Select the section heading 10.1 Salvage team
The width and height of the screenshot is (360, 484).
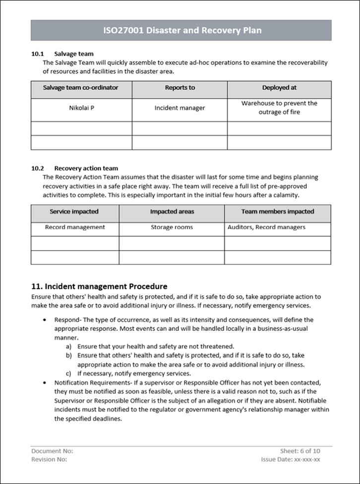click(62, 54)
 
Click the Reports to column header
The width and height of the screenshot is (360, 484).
click(180, 88)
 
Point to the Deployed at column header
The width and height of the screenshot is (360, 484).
click(279, 88)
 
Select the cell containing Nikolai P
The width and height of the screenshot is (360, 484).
click(81, 108)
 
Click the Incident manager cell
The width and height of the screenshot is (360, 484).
click(180, 108)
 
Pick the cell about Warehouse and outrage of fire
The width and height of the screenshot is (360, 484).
click(279, 108)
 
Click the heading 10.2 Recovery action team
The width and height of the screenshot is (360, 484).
click(74, 168)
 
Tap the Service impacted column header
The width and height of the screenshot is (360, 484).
click(74, 212)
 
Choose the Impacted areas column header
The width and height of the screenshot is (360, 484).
click(172, 212)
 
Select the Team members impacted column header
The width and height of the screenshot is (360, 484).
click(278, 212)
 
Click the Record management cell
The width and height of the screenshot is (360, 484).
click(75, 227)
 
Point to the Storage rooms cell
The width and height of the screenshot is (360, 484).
click(172, 227)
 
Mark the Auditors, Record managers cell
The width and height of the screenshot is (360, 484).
click(266, 227)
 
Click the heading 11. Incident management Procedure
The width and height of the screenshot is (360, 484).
click(99, 286)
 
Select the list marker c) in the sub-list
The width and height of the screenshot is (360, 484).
click(68, 374)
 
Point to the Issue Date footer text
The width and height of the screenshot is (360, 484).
click(290, 459)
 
